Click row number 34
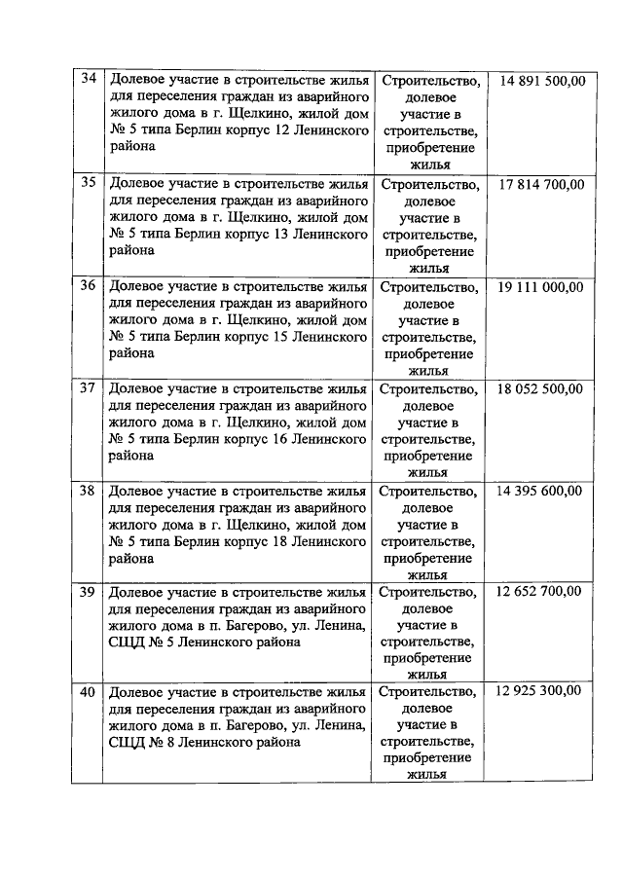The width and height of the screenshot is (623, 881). point(88,81)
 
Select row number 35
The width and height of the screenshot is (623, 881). point(88,183)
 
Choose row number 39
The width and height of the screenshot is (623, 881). point(88,591)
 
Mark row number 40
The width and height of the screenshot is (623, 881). point(88,692)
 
